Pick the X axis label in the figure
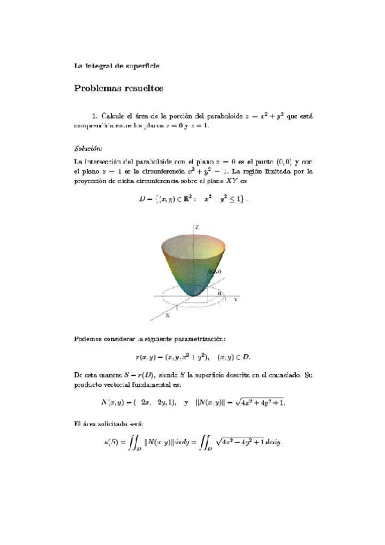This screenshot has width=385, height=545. (167, 316)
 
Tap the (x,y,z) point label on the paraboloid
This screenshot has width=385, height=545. (222, 272)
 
